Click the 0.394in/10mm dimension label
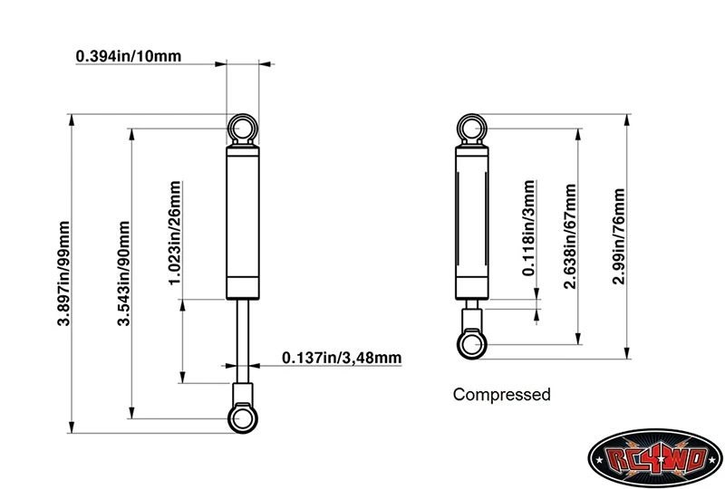[x=129, y=56]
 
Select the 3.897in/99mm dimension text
[x=63, y=275]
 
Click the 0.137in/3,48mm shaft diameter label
[x=342, y=359]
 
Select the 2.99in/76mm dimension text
[x=620, y=236]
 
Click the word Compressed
[x=501, y=395]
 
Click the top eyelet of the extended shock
[x=243, y=129]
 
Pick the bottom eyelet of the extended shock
[x=243, y=417]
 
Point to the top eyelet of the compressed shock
[x=472, y=129]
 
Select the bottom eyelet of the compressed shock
[x=472, y=343]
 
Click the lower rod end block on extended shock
[x=243, y=393]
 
